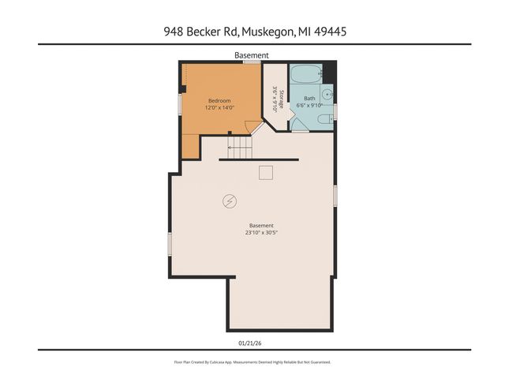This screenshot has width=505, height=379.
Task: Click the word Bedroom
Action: tap(219, 100)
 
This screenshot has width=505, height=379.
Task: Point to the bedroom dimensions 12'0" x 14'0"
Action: tap(219, 108)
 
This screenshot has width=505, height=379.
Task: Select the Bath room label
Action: tap(309, 99)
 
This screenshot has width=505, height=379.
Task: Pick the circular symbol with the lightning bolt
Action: tap(230, 201)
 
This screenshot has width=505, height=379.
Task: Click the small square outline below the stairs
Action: tap(266, 173)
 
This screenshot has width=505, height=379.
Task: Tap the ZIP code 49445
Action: tap(331, 32)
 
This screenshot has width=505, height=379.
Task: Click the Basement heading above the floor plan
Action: tap(252, 55)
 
